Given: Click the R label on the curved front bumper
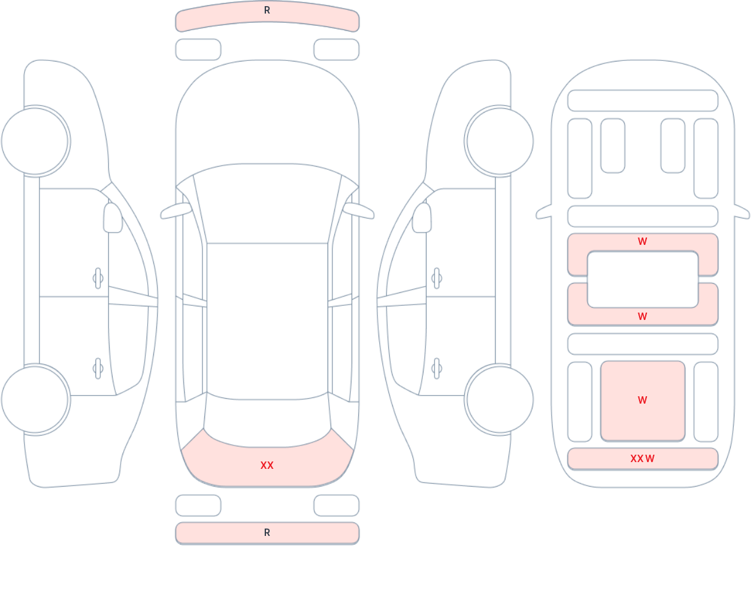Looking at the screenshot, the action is [267, 10].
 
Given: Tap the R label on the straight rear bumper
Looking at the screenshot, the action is [267, 533].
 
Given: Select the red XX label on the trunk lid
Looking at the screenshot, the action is [267, 465].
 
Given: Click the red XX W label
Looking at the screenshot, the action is [642, 458].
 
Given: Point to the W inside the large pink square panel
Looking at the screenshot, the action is [643, 400].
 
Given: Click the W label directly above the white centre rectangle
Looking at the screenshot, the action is [643, 241].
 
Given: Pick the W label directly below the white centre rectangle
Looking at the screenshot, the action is [643, 316].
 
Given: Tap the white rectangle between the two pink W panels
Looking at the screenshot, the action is [643, 279].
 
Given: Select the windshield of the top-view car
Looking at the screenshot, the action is [267, 203].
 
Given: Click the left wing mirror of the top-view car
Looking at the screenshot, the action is [176, 211].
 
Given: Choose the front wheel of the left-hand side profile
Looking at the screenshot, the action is [35, 142].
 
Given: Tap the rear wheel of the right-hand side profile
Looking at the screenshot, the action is [500, 400].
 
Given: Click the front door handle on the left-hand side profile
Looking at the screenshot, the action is [98, 278].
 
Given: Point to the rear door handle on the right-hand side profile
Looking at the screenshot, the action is [436, 369].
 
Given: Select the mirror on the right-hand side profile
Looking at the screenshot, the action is [422, 218].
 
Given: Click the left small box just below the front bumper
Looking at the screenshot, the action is [198, 49].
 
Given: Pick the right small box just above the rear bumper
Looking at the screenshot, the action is [337, 505].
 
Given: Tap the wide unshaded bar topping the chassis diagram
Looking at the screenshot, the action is [643, 100].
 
